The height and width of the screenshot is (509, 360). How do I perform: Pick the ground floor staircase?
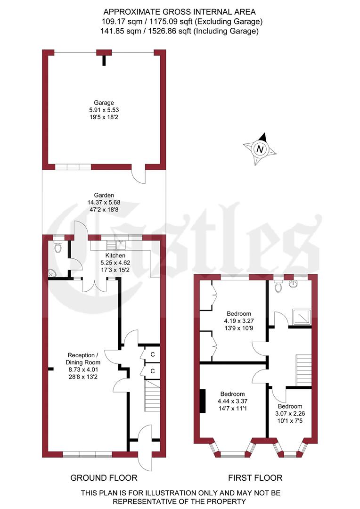click(x=152, y=392)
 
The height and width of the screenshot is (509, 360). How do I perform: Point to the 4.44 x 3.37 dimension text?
click(x=231, y=402)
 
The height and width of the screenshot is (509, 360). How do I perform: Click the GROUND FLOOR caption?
click(x=104, y=478)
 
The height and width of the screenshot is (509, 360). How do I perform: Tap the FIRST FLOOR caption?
click(x=255, y=478)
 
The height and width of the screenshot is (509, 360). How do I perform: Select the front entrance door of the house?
click(x=145, y=445)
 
